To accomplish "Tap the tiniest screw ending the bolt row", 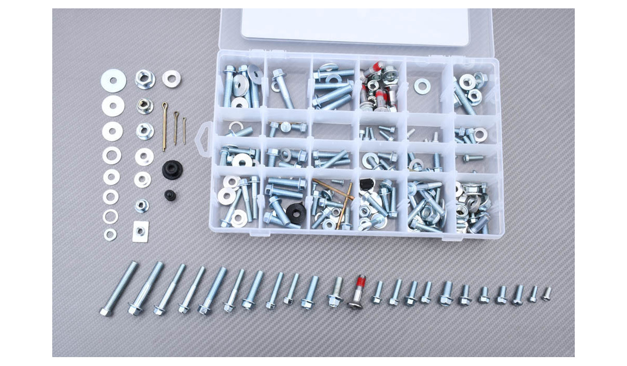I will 547,294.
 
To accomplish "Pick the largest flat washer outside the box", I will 113,82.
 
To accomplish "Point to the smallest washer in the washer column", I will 110,234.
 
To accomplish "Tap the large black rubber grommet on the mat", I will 170,170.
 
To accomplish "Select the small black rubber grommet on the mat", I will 170,195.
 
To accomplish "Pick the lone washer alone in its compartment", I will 422,86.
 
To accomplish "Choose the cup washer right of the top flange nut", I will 171,78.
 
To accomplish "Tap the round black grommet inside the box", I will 295,211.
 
